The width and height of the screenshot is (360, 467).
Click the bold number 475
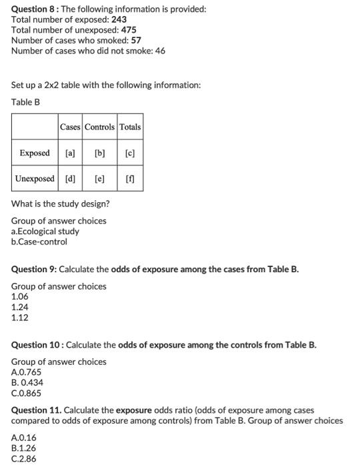click(128, 29)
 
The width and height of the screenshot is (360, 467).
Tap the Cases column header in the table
click(70, 127)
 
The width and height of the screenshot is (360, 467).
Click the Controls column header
click(99, 127)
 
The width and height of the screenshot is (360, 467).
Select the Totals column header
click(130, 127)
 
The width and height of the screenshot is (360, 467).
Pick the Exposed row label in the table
click(35, 153)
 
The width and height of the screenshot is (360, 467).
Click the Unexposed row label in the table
click(35, 179)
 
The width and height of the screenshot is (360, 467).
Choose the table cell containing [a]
click(70, 153)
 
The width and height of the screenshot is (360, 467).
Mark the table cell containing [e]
click(99, 179)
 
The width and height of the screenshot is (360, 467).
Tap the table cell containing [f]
click(130, 179)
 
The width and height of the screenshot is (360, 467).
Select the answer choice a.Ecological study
click(45, 231)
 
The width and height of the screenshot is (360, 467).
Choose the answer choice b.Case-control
click(39, 242)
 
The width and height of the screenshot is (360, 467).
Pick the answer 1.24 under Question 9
click(21, 307)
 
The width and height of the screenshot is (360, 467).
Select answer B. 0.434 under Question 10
click(29, 382)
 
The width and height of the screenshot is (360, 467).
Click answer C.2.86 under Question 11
click(24, 459)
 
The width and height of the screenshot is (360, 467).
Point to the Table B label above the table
click(26, 102)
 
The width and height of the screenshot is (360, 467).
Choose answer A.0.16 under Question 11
click(24, 438)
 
